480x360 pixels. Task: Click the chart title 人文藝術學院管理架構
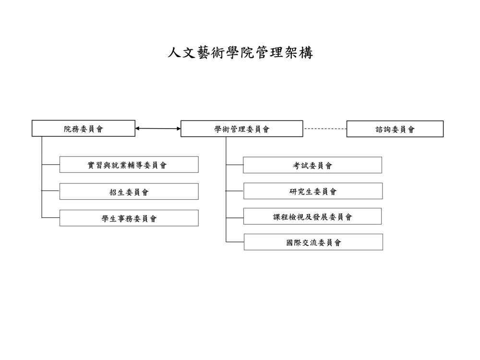click(x=240, y=53)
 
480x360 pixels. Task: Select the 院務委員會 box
click(x=83, y=128)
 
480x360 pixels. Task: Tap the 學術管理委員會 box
click(x=242, y=129)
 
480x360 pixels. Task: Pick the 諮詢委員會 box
click(x=395, y=129)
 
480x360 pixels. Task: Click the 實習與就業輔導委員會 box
click(x=129, y=165)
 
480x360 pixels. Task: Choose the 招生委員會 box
click(x=129, y=192)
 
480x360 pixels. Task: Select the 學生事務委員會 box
click(x=129, y=218)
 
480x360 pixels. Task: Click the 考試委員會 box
click(x=312, y=165)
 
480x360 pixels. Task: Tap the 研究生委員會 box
click(x=313, y=191)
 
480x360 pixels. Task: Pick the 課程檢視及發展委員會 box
click(x=312, y=216)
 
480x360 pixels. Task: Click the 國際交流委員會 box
click(x=313, y=242)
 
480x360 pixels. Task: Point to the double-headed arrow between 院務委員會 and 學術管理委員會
click(x=158, y=129)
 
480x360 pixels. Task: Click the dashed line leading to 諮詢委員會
click(x=325, y=129)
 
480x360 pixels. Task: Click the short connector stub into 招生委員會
click(x=50, y=191)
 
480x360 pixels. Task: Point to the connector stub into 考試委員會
click(x=235, y=165)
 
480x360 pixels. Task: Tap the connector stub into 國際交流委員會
click(x=235, y=242)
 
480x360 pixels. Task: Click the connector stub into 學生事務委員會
click(x=50, y=218)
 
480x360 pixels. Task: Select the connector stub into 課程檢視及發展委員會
click(x=235, y=218)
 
